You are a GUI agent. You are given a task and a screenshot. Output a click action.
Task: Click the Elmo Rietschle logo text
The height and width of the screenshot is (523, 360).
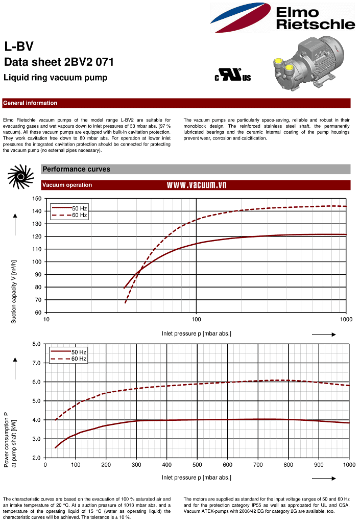point(315,18)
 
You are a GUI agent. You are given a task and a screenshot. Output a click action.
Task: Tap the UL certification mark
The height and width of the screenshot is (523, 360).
point(233,76)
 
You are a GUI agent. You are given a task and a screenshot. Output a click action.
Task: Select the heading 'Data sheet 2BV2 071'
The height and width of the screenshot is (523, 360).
point(59,62)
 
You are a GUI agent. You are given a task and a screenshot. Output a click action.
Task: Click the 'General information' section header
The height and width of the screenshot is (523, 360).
point(30,103)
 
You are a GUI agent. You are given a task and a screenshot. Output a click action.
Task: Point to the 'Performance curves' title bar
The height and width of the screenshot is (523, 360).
point(76,169)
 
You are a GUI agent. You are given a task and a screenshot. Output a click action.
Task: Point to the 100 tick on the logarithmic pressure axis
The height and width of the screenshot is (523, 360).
point(197,320)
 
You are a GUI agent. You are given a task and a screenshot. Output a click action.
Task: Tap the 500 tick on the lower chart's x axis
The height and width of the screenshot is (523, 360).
point(258,465)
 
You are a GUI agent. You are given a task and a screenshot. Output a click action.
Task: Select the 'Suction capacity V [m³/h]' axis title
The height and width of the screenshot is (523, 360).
point(14,292)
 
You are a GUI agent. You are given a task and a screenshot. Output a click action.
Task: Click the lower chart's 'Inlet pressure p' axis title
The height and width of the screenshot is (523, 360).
point(197,478)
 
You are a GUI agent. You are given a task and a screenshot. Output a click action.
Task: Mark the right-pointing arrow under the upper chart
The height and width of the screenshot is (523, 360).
point(323,335)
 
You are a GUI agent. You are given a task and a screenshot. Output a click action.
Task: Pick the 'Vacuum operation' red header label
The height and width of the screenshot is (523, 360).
point(67,185)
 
